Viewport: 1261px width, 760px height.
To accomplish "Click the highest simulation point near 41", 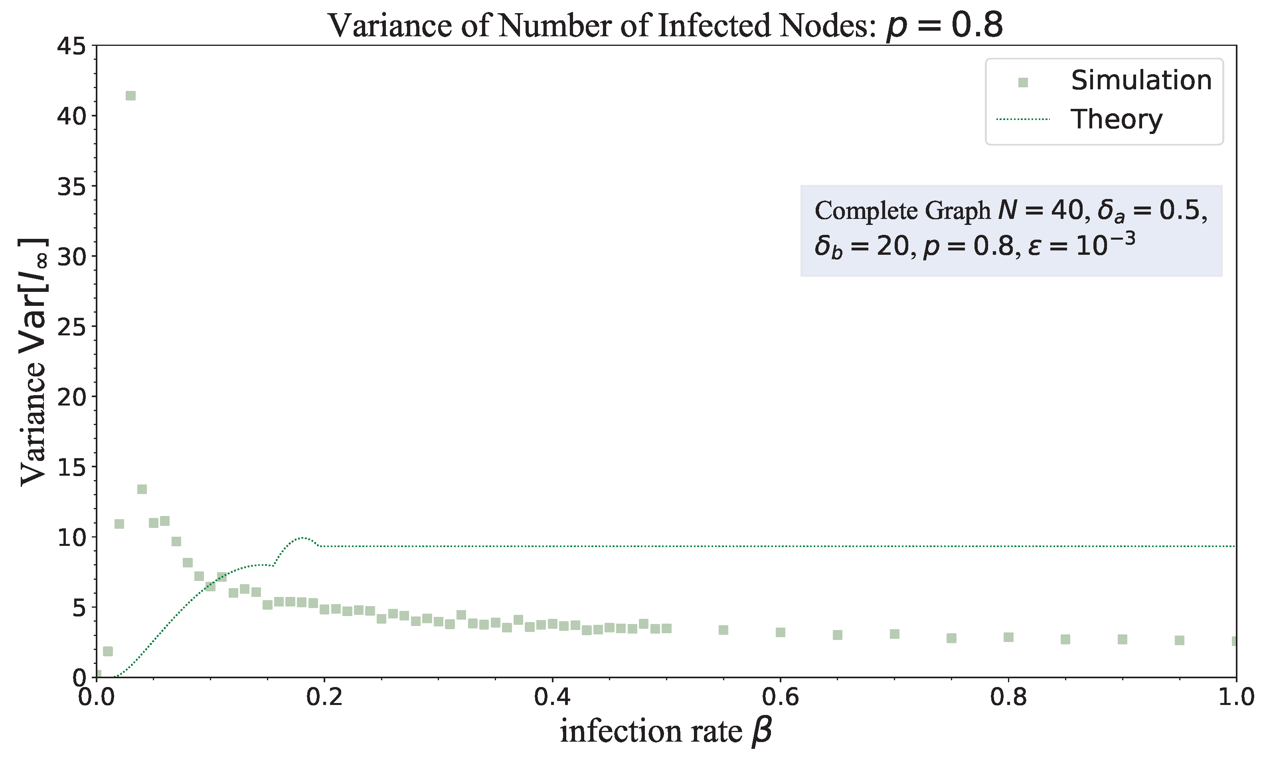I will (x=130, y=96).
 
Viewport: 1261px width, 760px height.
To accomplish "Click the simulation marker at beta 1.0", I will (x=1234, y=641).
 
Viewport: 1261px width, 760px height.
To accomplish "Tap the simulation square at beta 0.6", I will (x=780, y=633).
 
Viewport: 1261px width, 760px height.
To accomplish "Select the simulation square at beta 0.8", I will (x=1008, y=637).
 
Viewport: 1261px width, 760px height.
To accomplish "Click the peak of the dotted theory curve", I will (x=302, y=538).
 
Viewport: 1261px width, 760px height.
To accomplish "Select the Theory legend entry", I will (x=1116, y=119).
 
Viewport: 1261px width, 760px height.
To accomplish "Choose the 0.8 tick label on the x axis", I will (x=1008, y=697).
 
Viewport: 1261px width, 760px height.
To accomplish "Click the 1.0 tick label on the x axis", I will (x=1235, y=697).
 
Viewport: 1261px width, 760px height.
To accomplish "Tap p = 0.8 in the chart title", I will (x=944, y=26).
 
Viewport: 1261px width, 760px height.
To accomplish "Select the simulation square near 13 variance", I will (x=142, y=489).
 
